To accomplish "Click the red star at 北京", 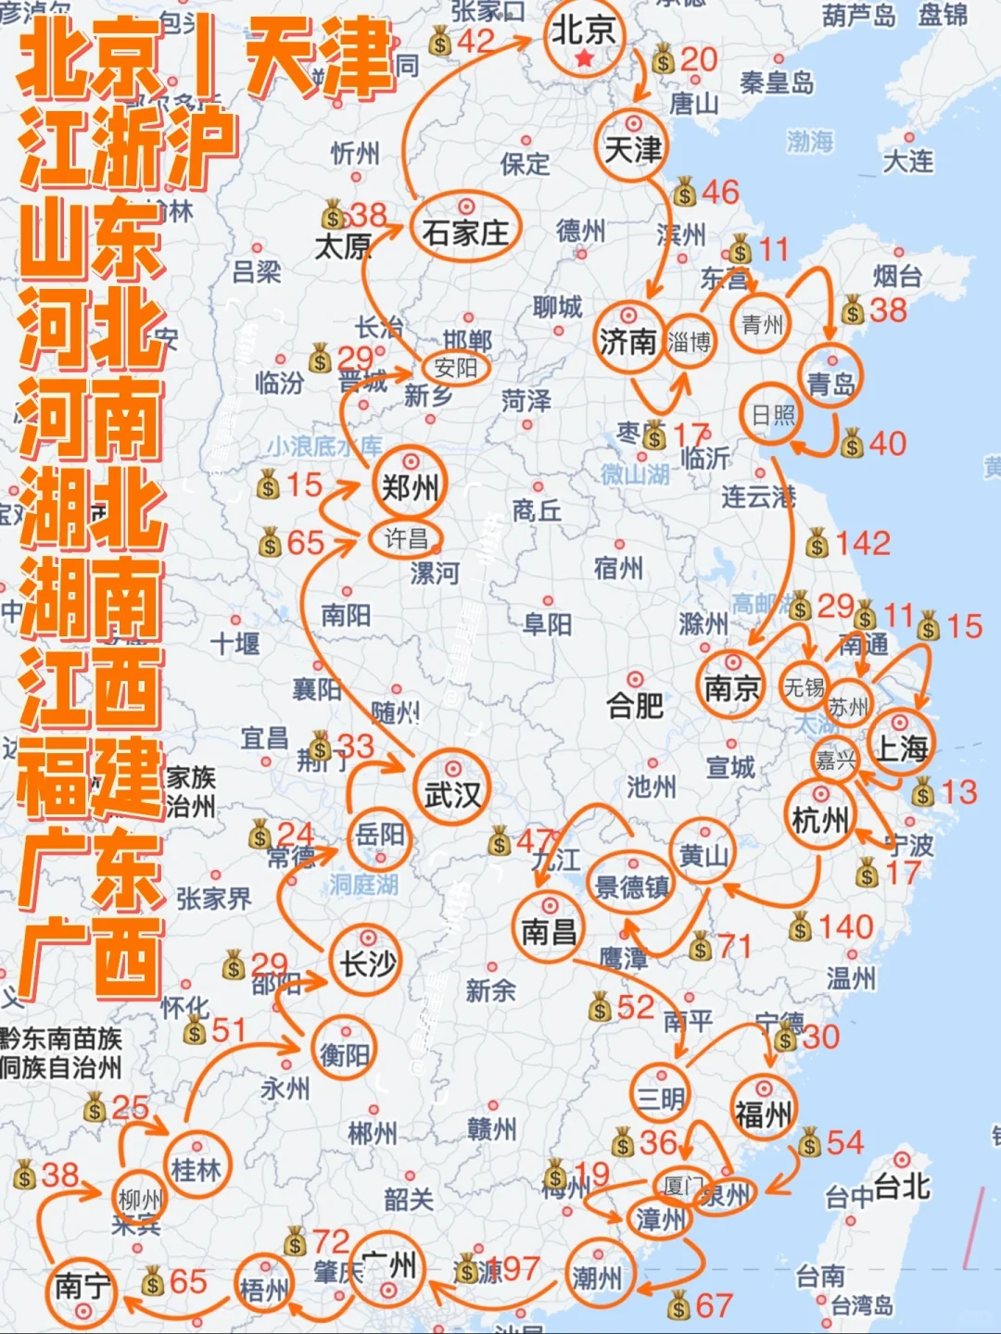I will click(x=584, y=59).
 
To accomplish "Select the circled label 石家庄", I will click(x=465, y=232).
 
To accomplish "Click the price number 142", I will click(x=861, y=543).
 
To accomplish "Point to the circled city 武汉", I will click(x=452, y=794).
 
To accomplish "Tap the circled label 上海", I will click(x=901, y=748).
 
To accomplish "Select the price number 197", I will click(x=509, y=1268).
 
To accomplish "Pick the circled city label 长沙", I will click(x=367, y=964).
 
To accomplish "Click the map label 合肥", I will click(x=635, y=707).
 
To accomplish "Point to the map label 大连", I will click(x=907, y=161).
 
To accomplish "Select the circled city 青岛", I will click(x=830, y=383).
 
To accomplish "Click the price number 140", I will click(x=845, y=926).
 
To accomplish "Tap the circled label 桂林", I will click(x=196, y=1170).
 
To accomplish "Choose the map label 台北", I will click(x=901, y=1186).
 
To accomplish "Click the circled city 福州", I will click(x=763, y=1113).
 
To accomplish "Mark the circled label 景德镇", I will click(x=632, y=887).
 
